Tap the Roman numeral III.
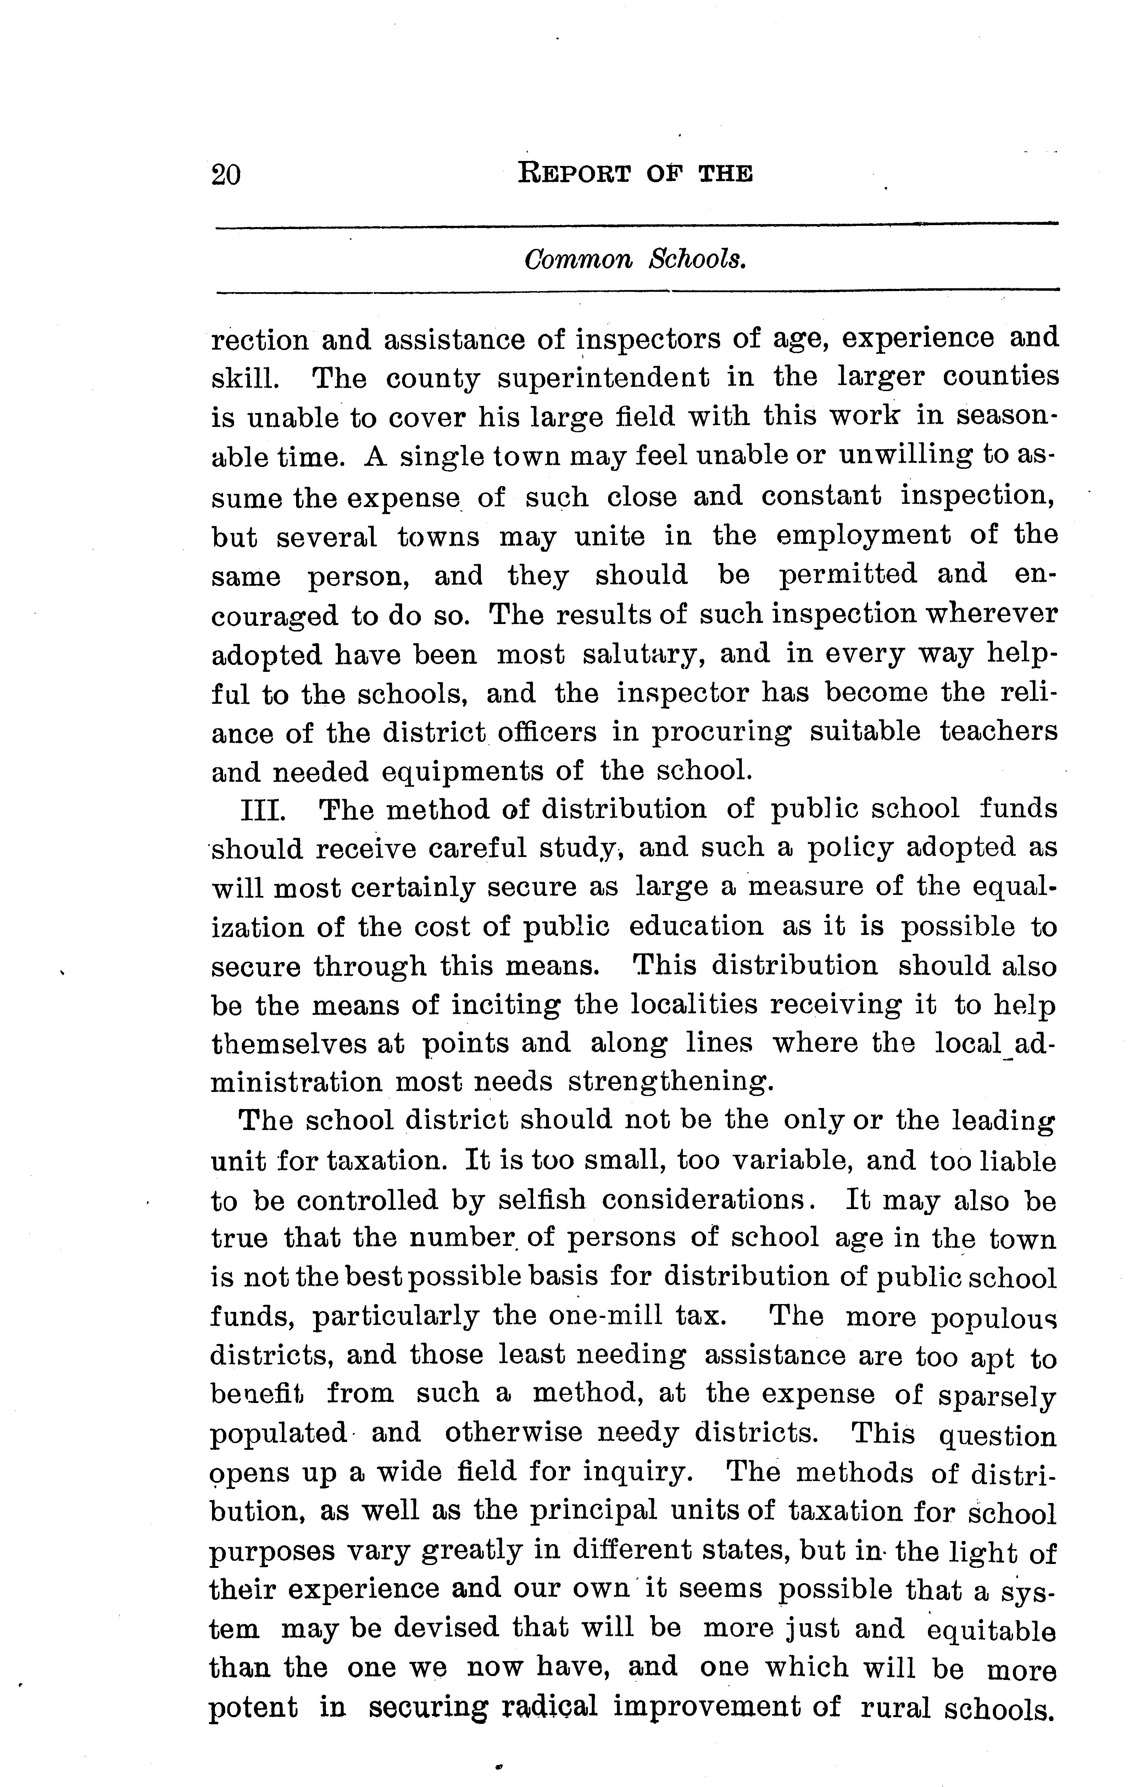point(263,809)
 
